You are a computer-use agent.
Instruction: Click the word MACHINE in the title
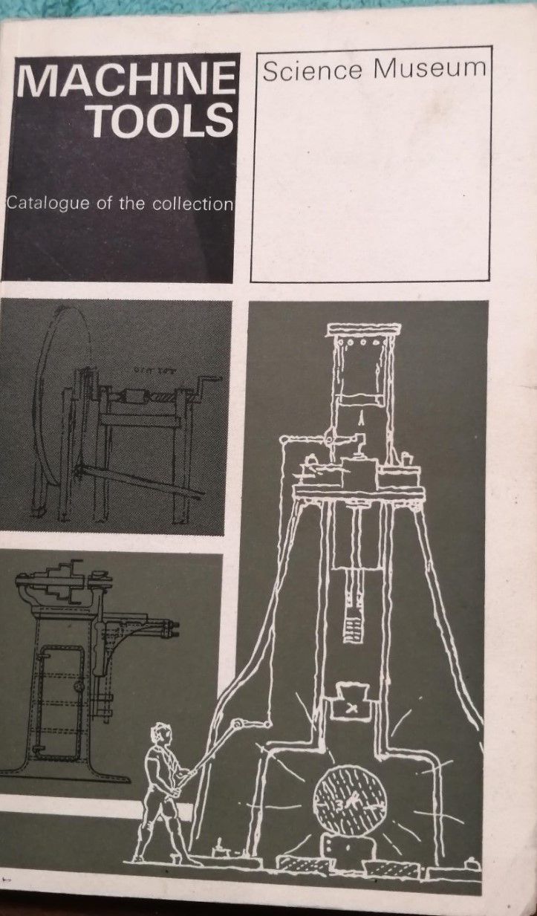[125, 82]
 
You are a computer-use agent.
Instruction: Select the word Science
[313, 71]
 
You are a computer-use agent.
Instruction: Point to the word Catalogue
[48, 204]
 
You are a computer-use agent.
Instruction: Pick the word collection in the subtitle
[193, 204]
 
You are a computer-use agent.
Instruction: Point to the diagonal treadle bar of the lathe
[140, 481]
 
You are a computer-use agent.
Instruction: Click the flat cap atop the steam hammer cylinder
[363, 329]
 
